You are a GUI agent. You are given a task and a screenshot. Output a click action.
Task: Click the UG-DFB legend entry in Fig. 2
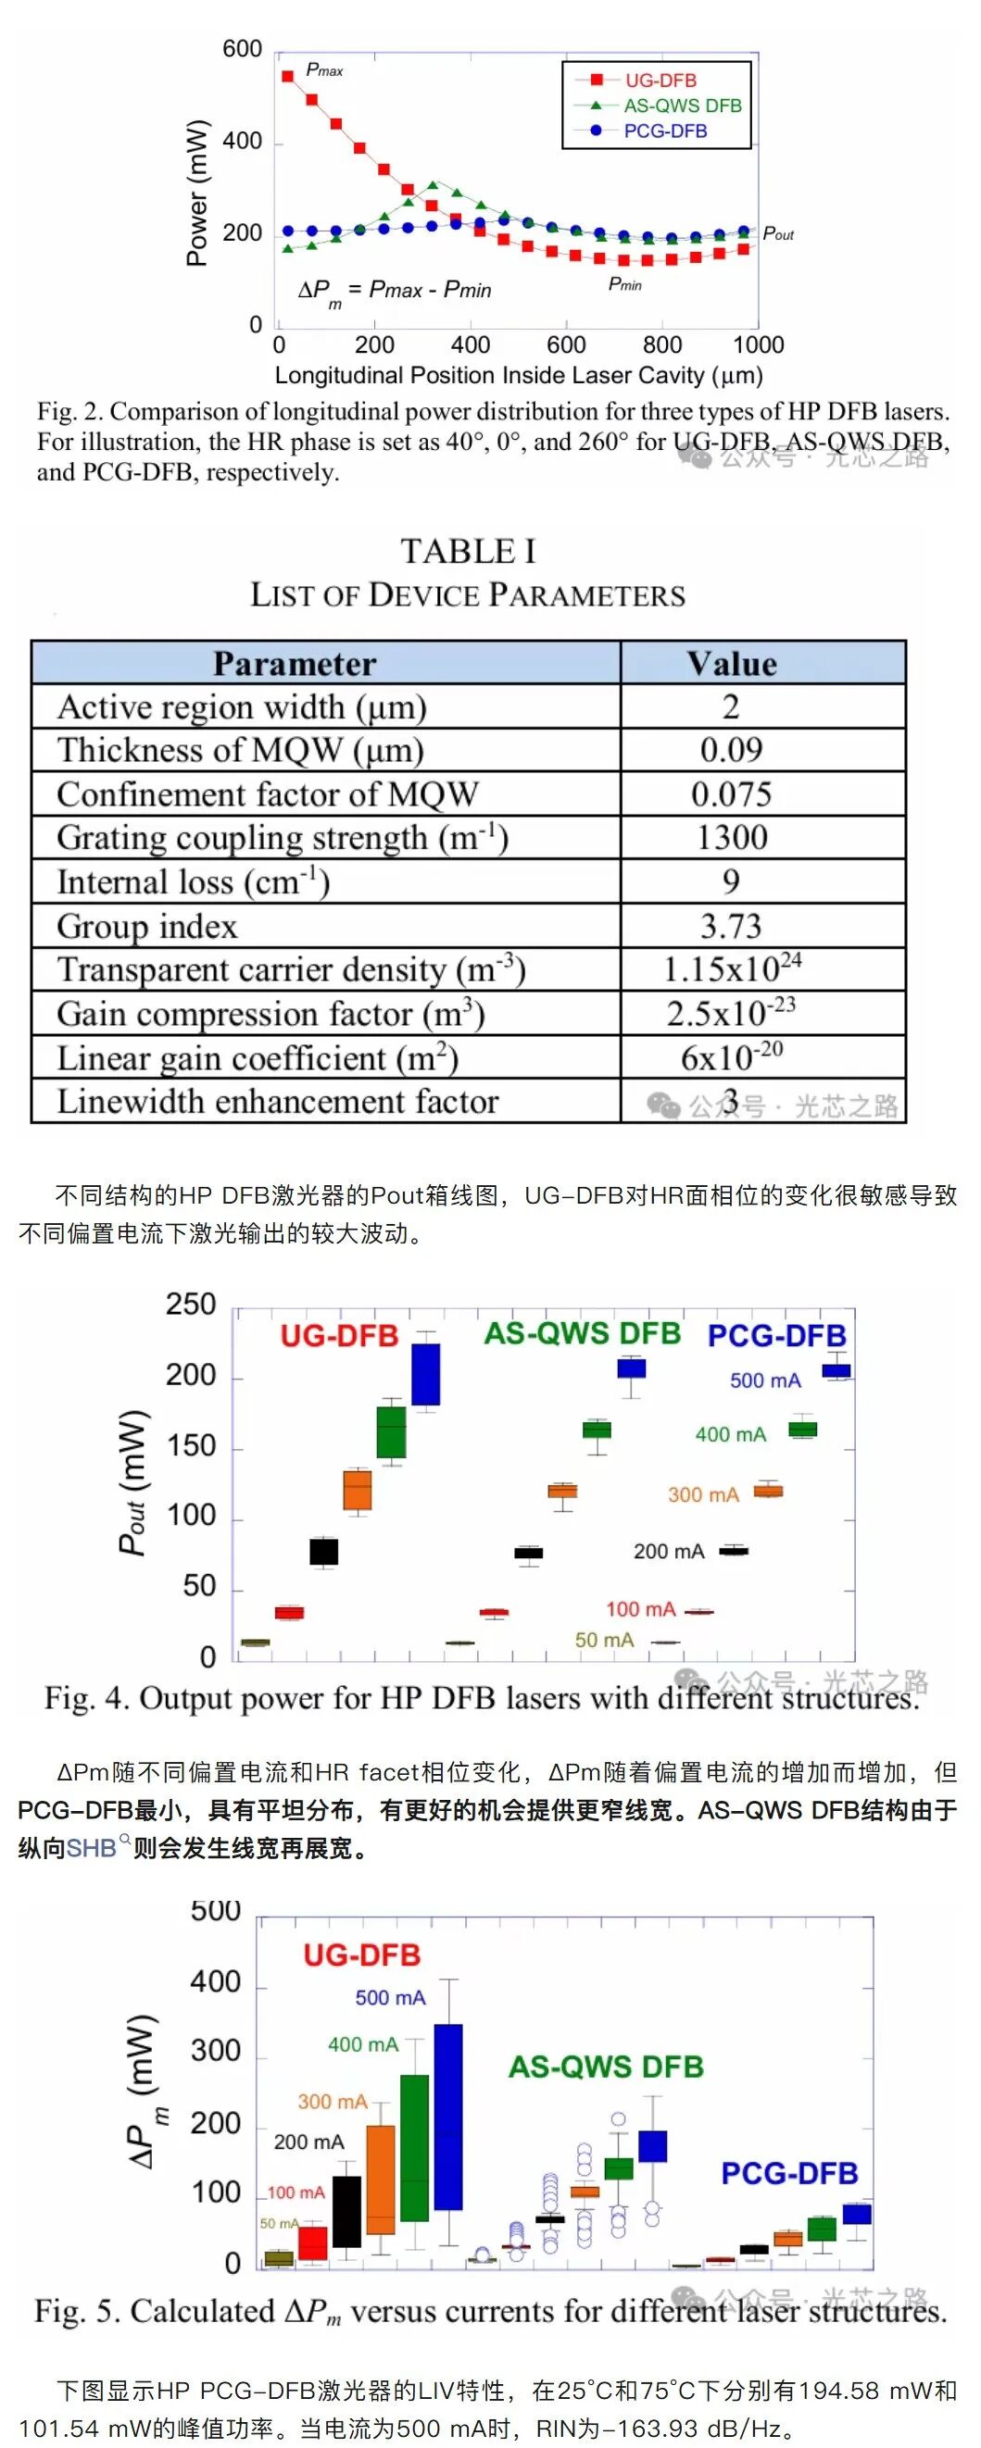click(x=660, y=81)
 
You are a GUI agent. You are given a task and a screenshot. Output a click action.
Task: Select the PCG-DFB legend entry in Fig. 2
click(x=664, y=131)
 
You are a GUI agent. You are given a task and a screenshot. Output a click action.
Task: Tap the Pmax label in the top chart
click(x=324, y=69)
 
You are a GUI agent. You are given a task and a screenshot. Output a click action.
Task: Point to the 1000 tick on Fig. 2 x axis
click(x=758, y=345)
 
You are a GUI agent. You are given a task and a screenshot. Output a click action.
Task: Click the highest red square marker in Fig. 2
click(x=287, y=76)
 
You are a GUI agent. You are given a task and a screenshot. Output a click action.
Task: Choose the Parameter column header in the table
click(x=294, y=663)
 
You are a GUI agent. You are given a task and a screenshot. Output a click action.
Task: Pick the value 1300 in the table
click(x=731, y=837)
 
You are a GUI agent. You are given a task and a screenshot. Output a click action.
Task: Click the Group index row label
click(x=147, y=926)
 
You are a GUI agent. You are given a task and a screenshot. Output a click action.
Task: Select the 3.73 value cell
click(x=730, y=926)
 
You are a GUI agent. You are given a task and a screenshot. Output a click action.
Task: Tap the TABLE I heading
click(x=468, y=551)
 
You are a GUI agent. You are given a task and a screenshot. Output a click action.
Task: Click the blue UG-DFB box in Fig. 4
click(x=425, y=1373)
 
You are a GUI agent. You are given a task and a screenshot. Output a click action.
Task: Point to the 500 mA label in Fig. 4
click(x=764, y=1380)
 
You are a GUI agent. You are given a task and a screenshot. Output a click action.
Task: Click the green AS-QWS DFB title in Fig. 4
click(x=582, y=1333)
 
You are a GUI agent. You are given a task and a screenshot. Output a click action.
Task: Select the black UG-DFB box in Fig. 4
click(x=323, y=1552)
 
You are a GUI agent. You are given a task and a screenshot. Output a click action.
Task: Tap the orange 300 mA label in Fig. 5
click(x=332, y=2101)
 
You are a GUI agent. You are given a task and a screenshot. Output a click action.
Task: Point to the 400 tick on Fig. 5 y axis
click(x=215, y=1982)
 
